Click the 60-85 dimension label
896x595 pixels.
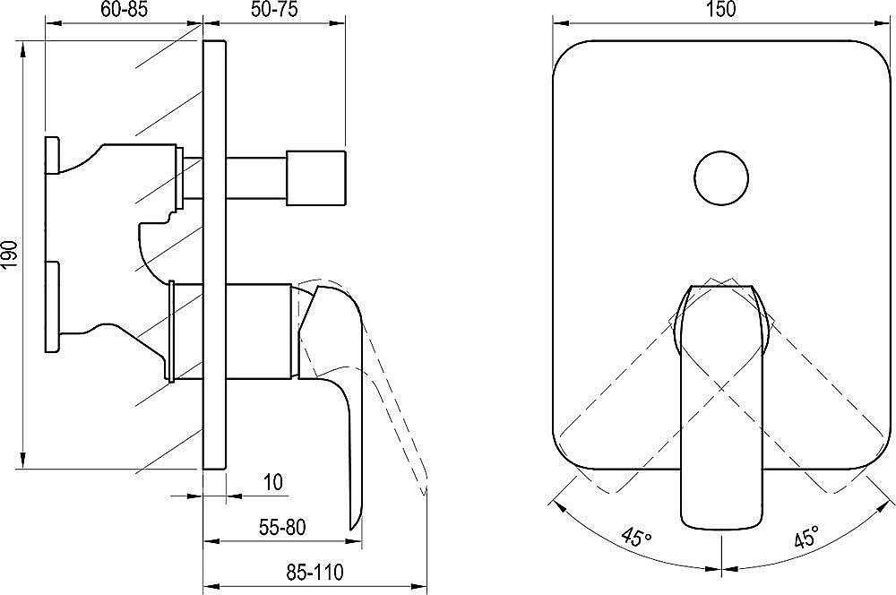(125, 10)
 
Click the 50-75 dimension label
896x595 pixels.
(273, 10)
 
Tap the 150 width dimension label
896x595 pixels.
(721, 10)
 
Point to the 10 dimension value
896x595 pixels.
(273, 482)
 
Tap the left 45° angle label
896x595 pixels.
(635, 539)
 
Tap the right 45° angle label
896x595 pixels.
(806, 539)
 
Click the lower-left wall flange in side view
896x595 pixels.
(51, 306)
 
